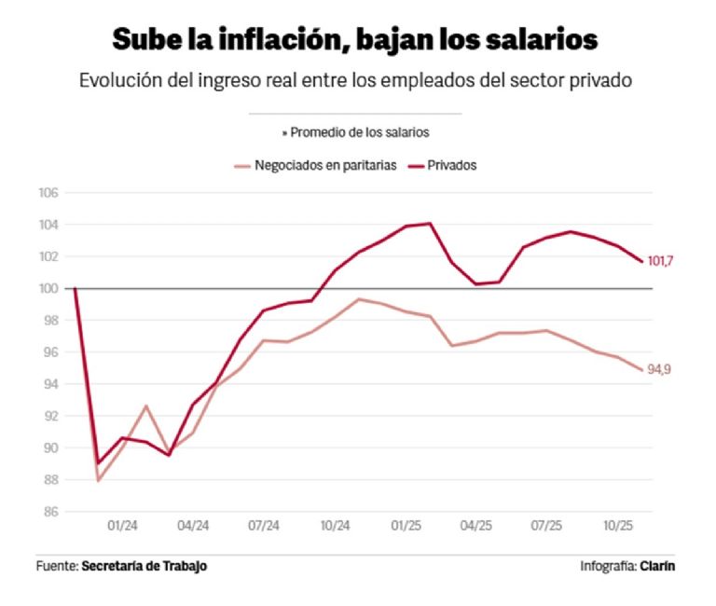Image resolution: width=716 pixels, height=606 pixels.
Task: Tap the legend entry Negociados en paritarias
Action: point(325,165)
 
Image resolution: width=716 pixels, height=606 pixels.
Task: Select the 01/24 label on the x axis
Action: point(122,526)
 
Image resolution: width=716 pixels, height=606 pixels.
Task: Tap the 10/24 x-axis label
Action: point(335,526)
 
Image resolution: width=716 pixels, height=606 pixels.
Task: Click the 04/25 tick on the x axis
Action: point(476,526)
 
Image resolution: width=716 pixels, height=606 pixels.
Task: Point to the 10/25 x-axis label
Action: point(617,526)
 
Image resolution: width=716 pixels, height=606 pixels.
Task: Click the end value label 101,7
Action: point(660,261)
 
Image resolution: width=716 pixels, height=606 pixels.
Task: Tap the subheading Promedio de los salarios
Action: point(358,132)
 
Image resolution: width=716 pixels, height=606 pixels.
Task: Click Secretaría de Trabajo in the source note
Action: point(145,566)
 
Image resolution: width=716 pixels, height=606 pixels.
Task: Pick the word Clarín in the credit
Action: point(658,566)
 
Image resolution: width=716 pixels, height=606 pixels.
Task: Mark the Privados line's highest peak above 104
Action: point(430,223)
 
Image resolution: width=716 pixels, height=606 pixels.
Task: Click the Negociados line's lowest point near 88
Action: point(98,480)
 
